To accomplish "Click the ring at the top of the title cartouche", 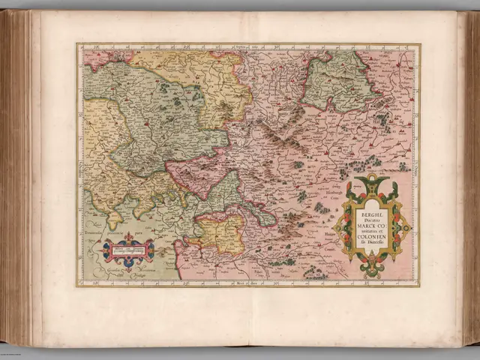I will (371, 178).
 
